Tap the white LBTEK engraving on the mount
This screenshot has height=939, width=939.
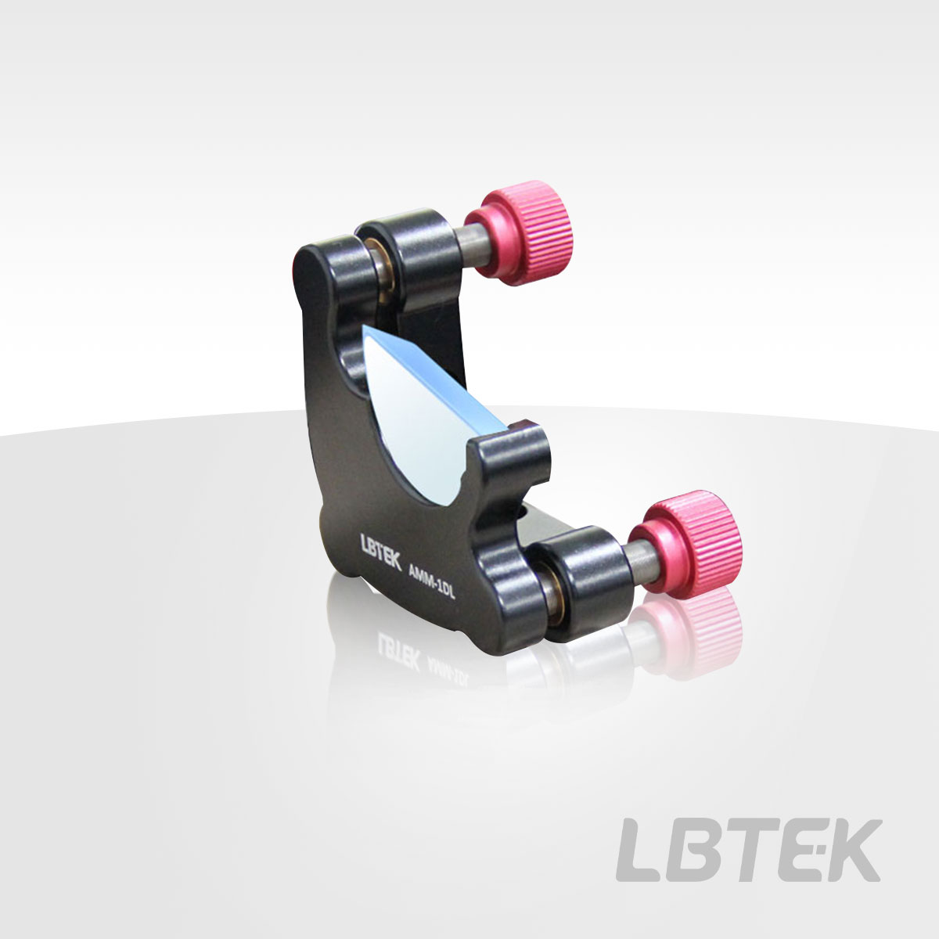380,552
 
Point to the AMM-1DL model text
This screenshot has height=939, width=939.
430,584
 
